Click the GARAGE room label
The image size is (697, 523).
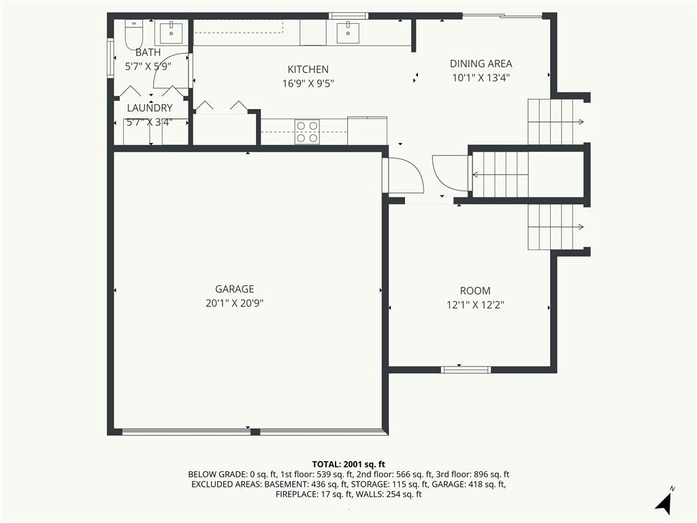[x=235, y=289]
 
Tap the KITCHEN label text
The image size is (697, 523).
[x=308, y=69]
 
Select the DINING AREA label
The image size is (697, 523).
[x=481, y=63]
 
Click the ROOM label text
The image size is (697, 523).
[x=475, y=291]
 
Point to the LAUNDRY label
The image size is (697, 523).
[x=150, y=108]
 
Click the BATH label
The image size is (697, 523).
[x=148, y=52]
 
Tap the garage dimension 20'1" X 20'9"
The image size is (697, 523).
[x=235, y=303]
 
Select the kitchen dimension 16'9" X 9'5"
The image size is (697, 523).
[x=308, y=84]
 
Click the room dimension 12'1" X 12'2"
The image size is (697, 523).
[x=475, y=305]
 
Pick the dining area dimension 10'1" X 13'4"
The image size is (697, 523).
[x=481, y=78]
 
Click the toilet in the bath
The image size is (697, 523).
[x=133, y=35]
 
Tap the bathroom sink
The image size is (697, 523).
[x=171, y=33]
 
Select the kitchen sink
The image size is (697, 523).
[x=348, y=33]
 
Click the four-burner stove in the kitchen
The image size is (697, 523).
[x=307, y=132]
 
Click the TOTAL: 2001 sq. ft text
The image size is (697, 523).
[x=348, y=464]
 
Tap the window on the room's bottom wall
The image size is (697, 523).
[x=466, y=370]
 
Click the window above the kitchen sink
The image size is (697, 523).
[x=348, y=16]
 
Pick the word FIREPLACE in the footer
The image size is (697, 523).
[x=297, y=494]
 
